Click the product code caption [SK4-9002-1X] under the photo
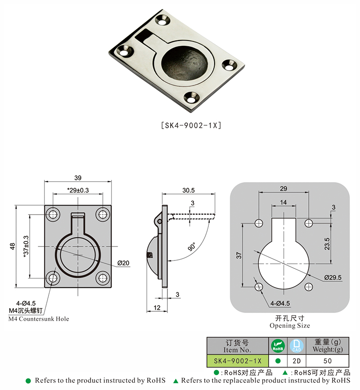(191, 126)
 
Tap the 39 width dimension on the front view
(78, 177)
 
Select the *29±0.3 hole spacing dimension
(78, 190)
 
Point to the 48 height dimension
(13, 247)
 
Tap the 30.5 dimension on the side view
(189, 190)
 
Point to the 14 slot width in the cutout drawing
(283, 202)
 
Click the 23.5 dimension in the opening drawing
(327, 243)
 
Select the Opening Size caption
(289, 326)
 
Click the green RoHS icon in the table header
(278, 346)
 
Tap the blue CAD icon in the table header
(297, 346)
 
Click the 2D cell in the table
(297, 361)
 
